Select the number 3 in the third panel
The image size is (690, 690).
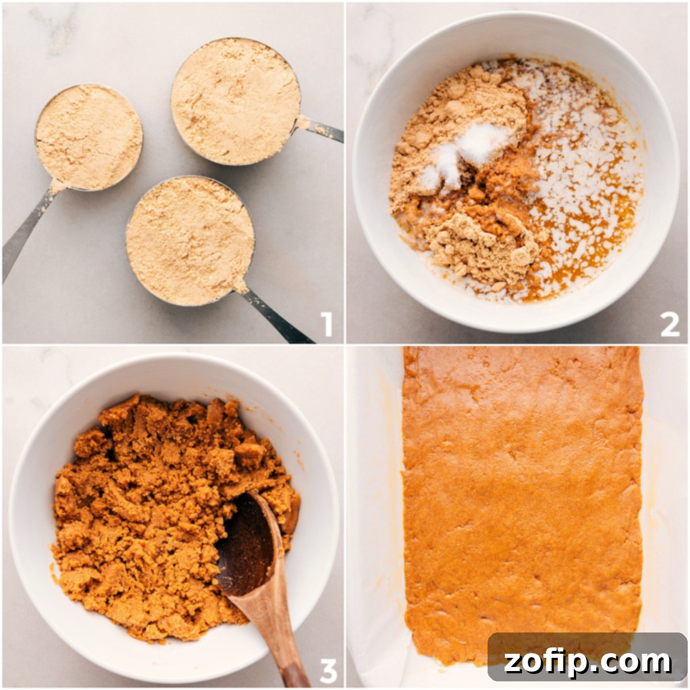pyautogui.click(x=327, y=670)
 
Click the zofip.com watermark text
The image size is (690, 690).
pyautogui.click(x=588, y=662)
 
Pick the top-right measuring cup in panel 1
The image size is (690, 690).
pyautogui.click(x=236, y=101)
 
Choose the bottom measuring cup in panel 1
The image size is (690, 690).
pyautogui.click(x=190, y=240)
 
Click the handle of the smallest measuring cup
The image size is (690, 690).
pyautogui.click(x=26, y=230)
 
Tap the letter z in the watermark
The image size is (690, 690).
pyautogui.click(x=512, y=662)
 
